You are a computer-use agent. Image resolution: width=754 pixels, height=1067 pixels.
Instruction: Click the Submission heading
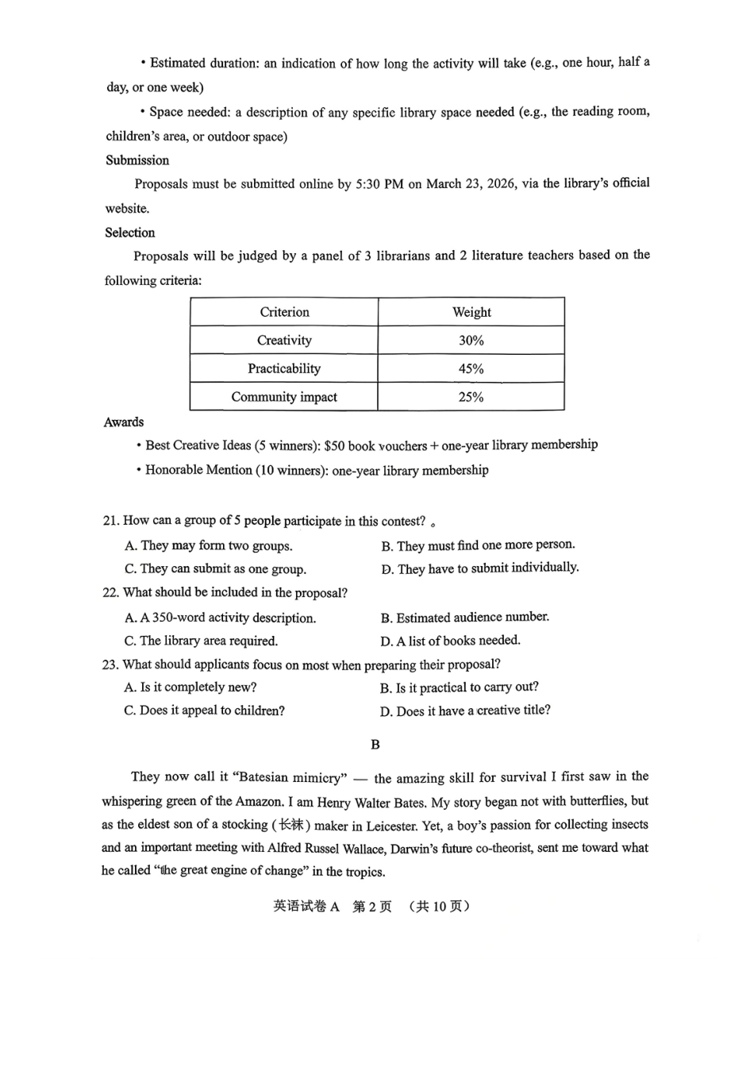pos(137,160)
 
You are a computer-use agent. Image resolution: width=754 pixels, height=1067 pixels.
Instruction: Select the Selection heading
pos(130,233)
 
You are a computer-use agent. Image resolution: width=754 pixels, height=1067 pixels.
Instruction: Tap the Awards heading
pos(124,422)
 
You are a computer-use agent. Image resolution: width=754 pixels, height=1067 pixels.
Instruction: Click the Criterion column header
pos(284,312)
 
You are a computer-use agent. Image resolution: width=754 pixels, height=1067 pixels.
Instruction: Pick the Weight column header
pos(471,312)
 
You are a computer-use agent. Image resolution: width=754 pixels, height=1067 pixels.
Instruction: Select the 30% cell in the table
pos(471,341)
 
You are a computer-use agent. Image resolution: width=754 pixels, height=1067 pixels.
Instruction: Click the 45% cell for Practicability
pos(471,369)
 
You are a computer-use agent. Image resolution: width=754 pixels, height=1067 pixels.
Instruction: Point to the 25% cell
pos(471,397)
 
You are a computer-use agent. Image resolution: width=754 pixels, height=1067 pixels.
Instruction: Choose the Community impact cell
pos(284,397)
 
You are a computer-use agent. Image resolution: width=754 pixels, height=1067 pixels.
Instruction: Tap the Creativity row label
pos(284,341)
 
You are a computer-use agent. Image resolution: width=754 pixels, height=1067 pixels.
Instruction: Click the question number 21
pos(110,521)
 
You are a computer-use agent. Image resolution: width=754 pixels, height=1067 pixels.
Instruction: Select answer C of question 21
pos(215,569)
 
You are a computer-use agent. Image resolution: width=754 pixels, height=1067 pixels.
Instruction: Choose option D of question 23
pos(464,711)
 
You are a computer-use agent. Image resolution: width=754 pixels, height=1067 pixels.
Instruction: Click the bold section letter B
pos(375,745)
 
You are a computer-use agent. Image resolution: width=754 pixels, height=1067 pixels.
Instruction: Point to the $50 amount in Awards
pos(334,445)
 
